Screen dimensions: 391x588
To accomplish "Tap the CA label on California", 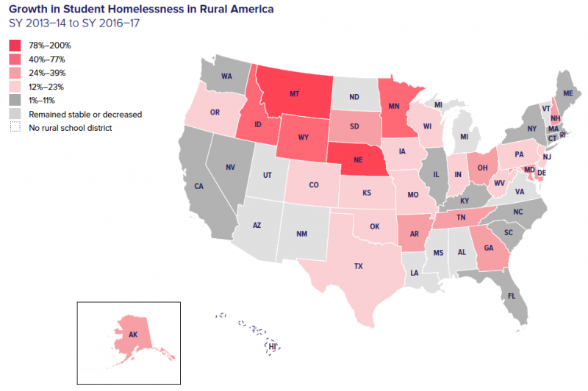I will (198, 187).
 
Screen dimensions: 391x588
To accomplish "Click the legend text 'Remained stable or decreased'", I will (85, 115).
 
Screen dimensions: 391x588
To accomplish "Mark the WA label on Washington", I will (226, 76).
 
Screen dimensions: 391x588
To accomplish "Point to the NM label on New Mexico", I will (301, 234).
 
